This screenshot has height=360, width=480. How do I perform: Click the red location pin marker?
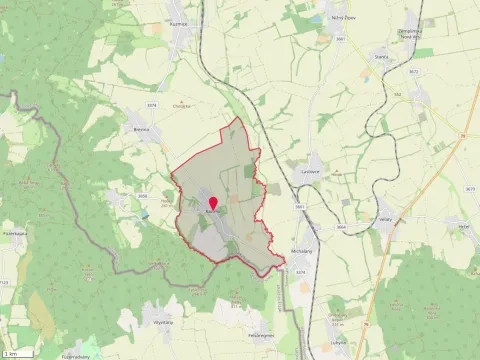[x=211, y=205]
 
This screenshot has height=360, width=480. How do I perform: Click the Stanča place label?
[x=381, y=58]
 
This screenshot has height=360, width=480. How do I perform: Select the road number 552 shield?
[x=395, y=96]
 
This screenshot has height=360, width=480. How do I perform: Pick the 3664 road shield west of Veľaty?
[x=341, y=227]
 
